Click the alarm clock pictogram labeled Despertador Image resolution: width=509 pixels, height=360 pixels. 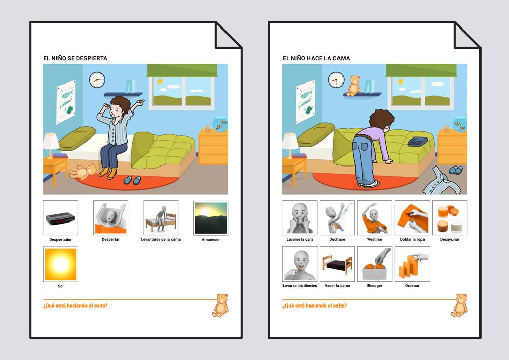coord(61,217)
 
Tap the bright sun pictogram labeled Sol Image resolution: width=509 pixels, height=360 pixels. coord(61,264)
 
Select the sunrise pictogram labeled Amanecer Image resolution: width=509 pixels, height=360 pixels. coord(211,217)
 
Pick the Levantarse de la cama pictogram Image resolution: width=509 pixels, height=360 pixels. coord(161,217)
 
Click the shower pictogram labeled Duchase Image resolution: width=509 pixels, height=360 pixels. coord(337,217)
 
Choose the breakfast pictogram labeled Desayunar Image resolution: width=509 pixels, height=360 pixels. coord(449,217)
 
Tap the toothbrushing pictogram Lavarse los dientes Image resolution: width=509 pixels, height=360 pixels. coord(300,264)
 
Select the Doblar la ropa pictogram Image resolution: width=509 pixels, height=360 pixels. coord(412,217)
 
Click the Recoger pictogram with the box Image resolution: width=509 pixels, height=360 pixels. coord(375,264)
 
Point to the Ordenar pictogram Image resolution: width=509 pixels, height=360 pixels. coord(412,264)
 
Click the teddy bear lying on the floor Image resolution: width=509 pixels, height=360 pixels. coord(84,171)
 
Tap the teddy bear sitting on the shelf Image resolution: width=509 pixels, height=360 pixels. coord(354,86)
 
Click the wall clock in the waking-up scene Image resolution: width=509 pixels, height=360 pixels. coord(97,79)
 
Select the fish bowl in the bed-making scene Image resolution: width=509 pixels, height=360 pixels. coord(460,124)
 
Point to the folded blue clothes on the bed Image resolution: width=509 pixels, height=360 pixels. coord(418,142)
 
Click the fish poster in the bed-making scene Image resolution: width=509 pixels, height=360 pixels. coord(305,102)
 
